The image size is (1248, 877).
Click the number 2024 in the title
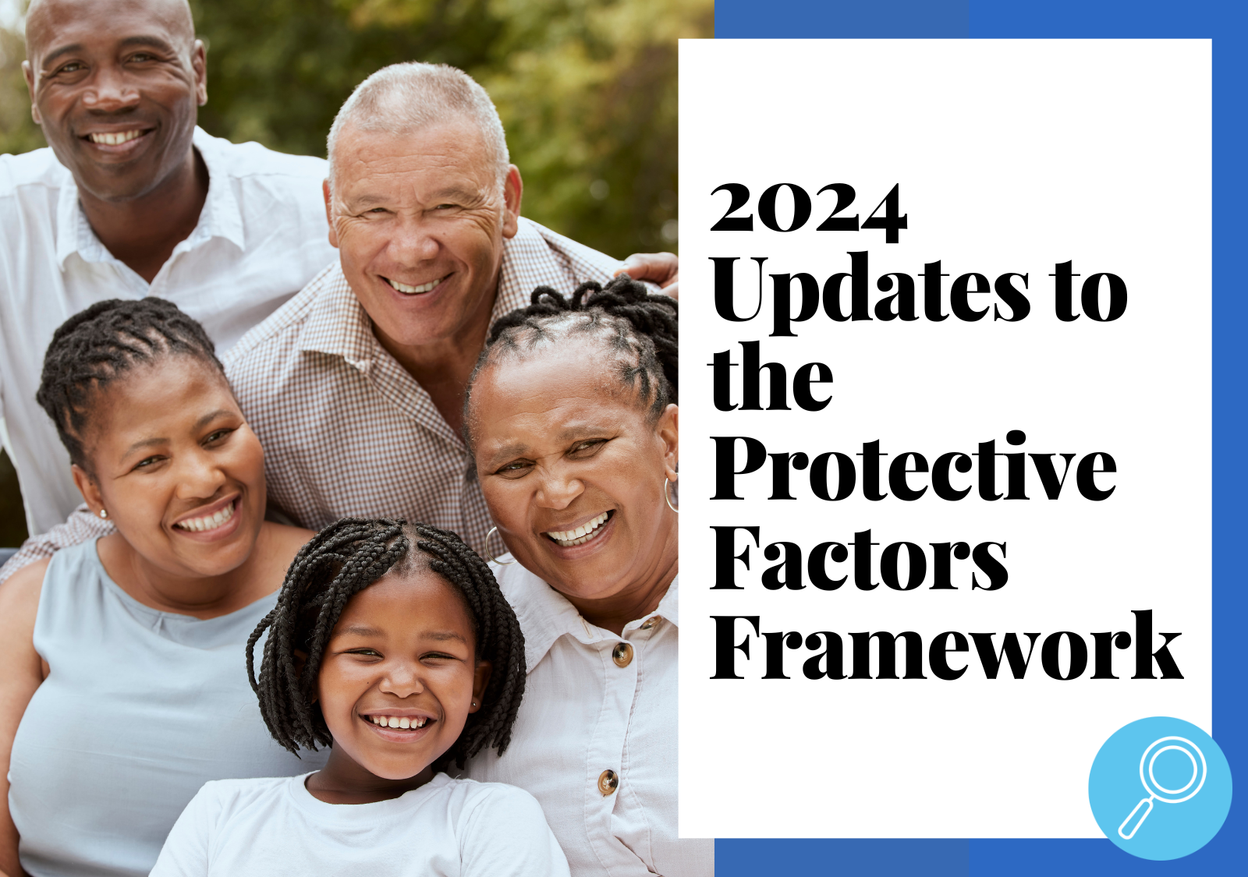click(x=808, y=211)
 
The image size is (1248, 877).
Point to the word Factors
click(x=859, y=558)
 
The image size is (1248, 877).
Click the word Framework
click(x=946, y=647)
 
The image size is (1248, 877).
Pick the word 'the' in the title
click(x=771, y=379)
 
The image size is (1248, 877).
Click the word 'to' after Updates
click(x=1090, y=292)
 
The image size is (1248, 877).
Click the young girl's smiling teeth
click(x=398, y=723)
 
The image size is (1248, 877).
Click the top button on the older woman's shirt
click(x=622, y=654)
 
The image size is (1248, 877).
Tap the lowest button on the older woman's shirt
click(x=608, y=780)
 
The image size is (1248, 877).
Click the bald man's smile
click(x=117, y=139)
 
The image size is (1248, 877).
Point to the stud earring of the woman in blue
click(x=102, y=514)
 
